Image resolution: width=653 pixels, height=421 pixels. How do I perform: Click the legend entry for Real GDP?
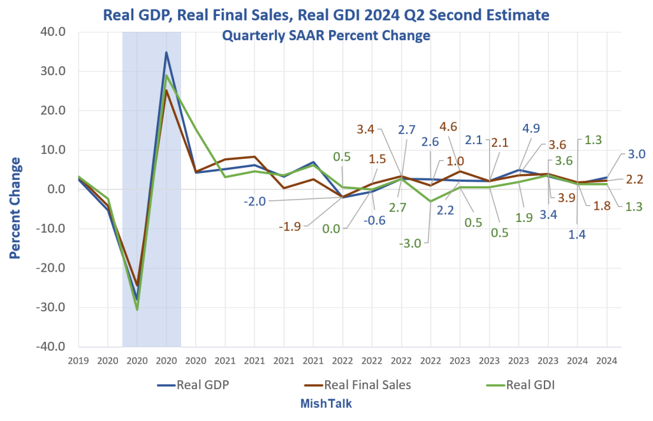193,385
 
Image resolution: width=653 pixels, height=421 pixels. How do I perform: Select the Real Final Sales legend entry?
358,385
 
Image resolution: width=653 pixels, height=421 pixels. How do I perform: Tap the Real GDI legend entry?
520,385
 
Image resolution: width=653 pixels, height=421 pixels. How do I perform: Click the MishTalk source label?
326,404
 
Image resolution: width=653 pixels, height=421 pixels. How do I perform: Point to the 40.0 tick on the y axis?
54,32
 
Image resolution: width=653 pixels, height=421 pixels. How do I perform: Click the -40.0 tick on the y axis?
51,346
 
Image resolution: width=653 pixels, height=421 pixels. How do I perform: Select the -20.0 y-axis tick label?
51,268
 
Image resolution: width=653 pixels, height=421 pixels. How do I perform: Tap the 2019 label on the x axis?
78,360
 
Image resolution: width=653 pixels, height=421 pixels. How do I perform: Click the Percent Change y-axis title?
15,208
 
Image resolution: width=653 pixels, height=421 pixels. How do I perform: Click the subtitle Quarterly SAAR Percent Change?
326,35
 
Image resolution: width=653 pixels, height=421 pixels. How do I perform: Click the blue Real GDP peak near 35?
166,52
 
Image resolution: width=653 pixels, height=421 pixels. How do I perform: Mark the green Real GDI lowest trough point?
137,309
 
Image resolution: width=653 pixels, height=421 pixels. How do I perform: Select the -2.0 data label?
254,202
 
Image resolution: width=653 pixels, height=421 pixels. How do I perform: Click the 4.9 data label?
531,128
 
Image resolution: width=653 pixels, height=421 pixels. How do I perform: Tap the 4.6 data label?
448,126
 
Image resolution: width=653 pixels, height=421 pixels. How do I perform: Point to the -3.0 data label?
410,243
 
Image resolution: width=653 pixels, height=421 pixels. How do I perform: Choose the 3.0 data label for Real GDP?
636,154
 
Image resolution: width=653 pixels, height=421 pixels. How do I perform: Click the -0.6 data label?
374,220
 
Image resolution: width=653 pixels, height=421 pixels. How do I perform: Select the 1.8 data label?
602,205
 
